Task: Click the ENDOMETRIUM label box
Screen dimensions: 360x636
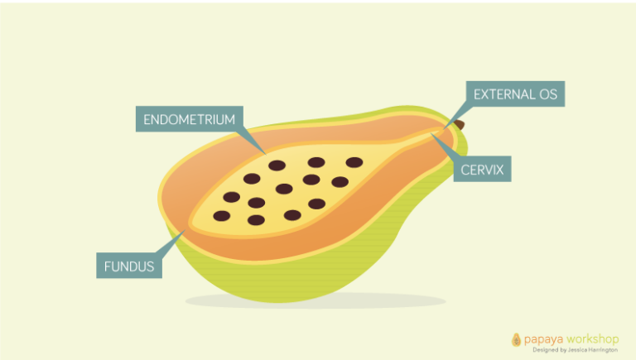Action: pyautogui.click(x=189, y=119)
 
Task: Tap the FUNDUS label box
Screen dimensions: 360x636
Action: pyautogui.click(x=129, y=266)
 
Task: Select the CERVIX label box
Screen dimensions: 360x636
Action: pyautogui.click(x=481, y=170)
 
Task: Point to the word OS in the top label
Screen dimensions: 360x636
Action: pyautogui.click(x=547, y=94)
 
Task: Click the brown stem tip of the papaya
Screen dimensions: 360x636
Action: pyautogui.click(x=459, y=124)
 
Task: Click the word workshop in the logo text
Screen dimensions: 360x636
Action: pyautogui.click(x=592, y=339)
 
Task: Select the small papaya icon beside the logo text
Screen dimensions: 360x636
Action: pyautogui.click(x=516, y=339)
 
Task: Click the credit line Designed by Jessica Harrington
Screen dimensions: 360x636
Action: pyautogui.click(x=575, y=350)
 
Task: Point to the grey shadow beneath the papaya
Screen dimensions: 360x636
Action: pyautogui.click(x=315, y=300)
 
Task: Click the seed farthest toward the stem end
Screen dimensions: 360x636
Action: pyautogui.click(x=354, y=162)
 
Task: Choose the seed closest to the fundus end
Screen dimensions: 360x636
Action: pyautogui.click(x=221, y=216)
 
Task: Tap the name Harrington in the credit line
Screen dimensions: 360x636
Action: pyautogui.click(x=601, y=350)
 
